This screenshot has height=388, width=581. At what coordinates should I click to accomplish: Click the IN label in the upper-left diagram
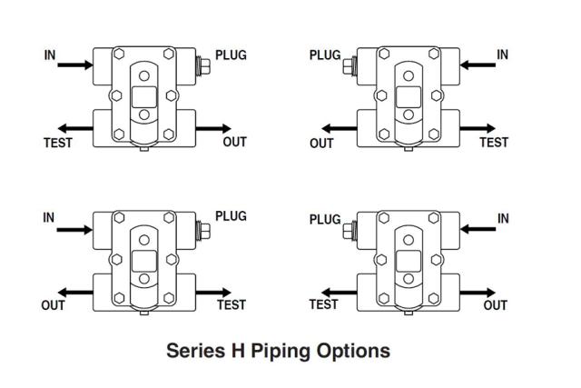coord(49,55)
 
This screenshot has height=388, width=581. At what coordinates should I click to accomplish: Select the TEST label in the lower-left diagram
coord(231,305)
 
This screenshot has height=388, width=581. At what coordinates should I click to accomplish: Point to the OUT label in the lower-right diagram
coord(496,305)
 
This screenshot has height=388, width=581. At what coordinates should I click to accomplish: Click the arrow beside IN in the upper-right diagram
coord(476,65)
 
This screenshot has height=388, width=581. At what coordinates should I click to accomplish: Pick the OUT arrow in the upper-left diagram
coord(214,129)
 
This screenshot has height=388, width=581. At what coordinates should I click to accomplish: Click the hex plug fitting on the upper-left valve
coord(203,65)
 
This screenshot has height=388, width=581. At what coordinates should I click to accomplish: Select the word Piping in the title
coord(284,351)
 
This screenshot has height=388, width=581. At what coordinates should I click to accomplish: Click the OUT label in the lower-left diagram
coord(53,305)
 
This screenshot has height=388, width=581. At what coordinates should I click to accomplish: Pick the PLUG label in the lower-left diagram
coord(231,217)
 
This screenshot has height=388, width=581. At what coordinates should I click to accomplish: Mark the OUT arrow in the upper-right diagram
coord(338,129)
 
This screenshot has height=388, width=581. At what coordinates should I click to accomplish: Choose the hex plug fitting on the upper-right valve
coord(349,65)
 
